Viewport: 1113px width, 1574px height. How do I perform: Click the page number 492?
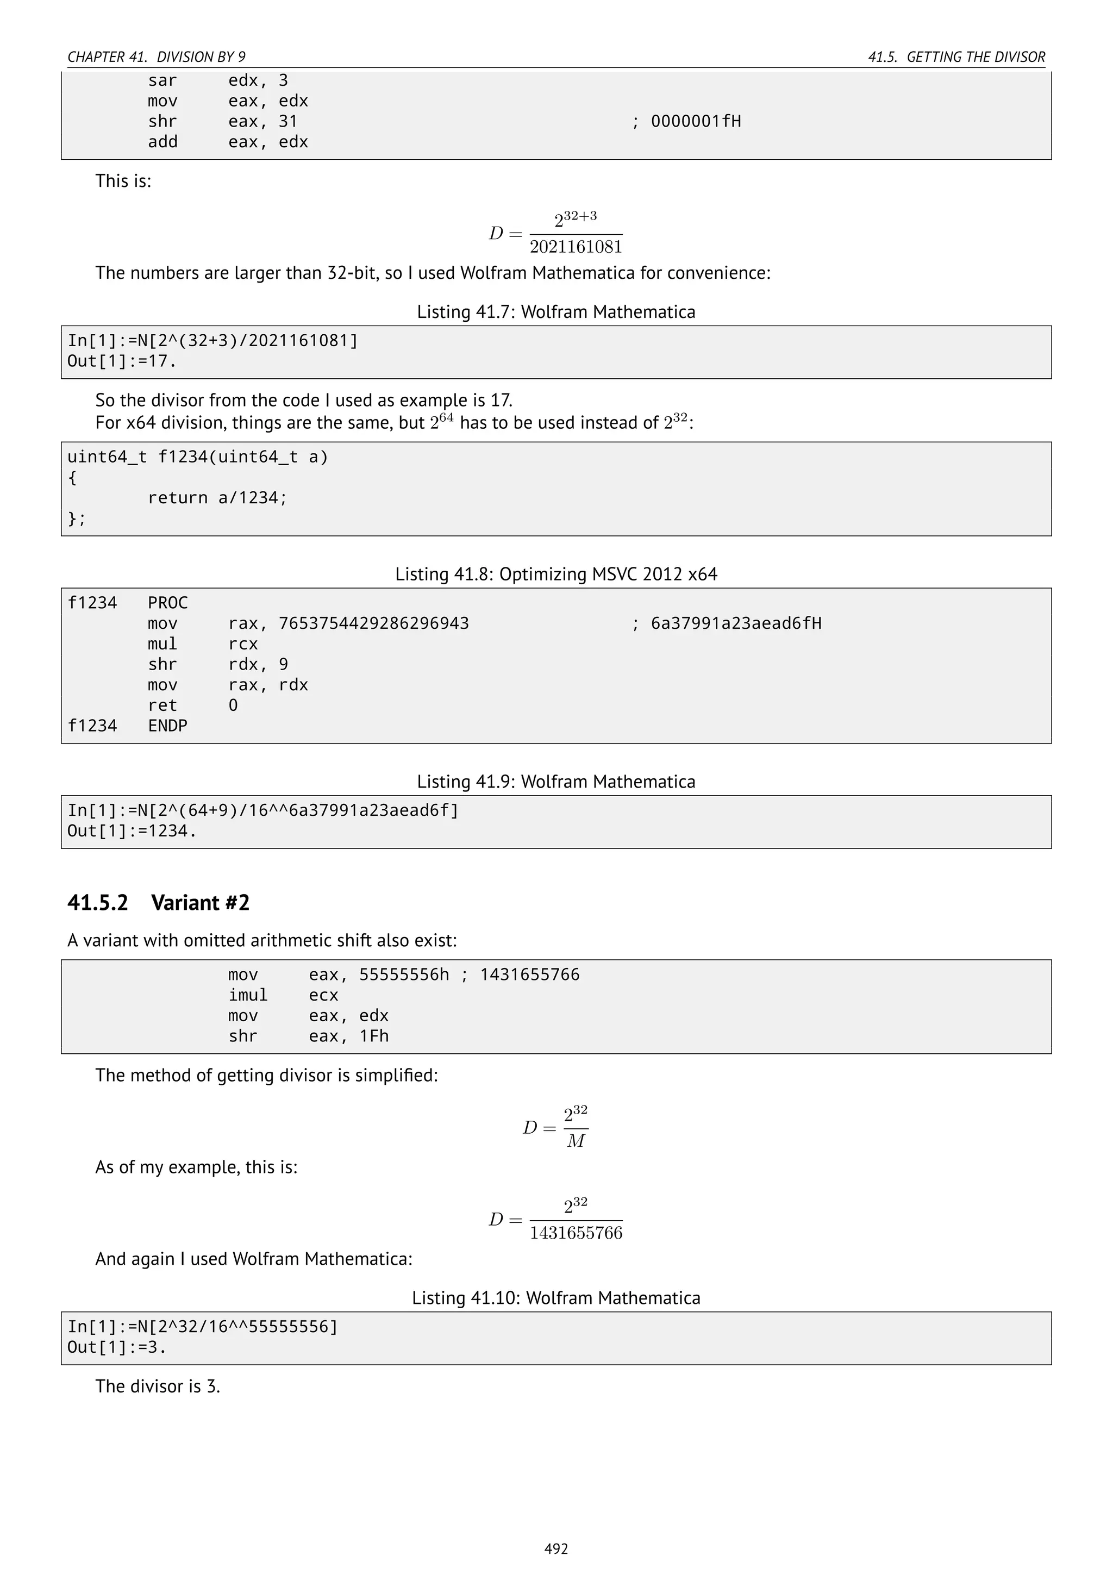click(556, 1548)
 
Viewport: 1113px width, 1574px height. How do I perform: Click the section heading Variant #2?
click(200, 903)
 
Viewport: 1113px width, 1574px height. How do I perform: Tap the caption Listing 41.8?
click(556, 574)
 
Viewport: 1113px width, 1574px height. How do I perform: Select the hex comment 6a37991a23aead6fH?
click(735, 623)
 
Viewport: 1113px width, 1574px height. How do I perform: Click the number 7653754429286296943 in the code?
click(373, 623)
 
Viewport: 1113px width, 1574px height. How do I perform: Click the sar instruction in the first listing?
click(162, 80)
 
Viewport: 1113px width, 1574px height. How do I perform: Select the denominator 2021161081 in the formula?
click(576, 247)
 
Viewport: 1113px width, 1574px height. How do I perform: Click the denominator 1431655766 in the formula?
click(576, 1233)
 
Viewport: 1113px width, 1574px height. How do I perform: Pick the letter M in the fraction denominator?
click(576, 1141)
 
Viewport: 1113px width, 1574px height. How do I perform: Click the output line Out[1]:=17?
click(122, 361)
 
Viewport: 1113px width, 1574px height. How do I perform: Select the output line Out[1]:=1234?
click(132, 831)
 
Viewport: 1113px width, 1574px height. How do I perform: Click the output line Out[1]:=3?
click(116, 1347)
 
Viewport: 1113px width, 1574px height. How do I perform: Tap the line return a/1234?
click(217, 498)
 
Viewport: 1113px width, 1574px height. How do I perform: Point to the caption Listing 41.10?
click(556, 1298)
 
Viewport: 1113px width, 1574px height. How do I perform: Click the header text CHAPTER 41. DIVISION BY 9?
click(157, 57)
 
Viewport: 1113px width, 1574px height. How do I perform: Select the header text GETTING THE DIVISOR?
click(976, 57)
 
